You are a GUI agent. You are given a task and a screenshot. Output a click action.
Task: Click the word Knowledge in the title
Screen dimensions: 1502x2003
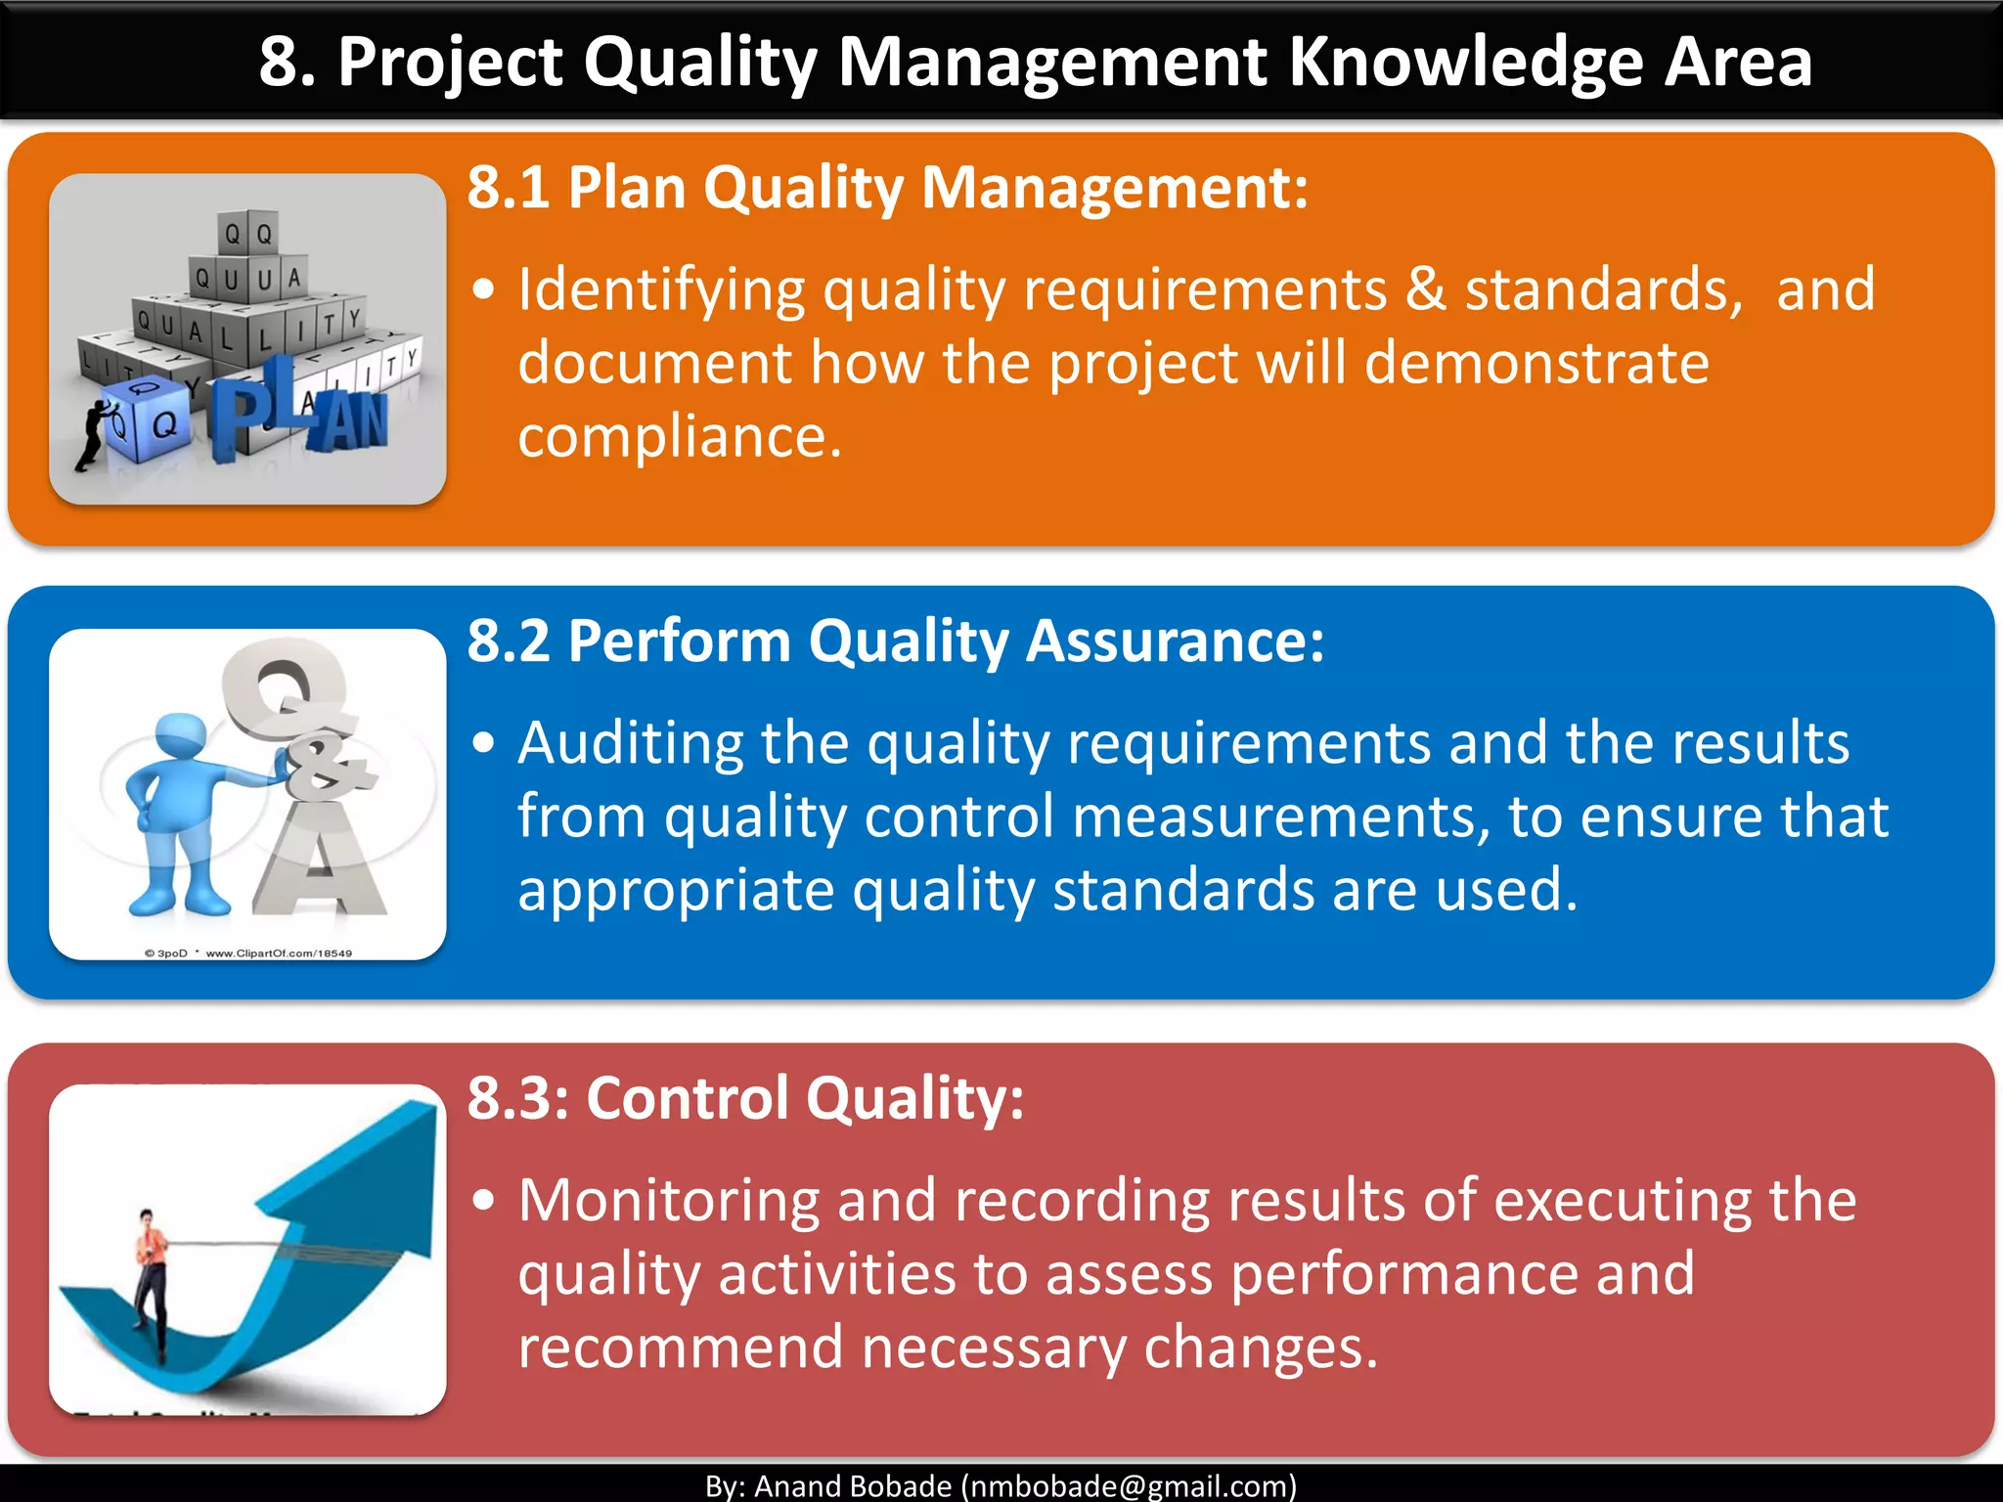coord(1464,63)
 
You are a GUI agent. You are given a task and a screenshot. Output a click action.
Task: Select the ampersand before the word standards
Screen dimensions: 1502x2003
coord(1425,290)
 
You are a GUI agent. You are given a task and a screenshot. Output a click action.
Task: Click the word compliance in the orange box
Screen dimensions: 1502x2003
coord(678,436)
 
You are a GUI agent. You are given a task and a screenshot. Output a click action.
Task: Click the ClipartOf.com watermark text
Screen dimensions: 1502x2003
coord(279,952)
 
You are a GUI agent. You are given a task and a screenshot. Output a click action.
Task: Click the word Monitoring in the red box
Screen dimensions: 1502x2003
coord(668,1201)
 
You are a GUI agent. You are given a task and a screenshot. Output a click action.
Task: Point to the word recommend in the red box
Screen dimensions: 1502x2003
coord(680,1347)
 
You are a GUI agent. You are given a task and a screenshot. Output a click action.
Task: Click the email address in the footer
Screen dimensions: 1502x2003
coord(1128,1485)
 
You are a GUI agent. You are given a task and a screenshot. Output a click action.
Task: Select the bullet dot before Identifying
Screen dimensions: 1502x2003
coord(483,290)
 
